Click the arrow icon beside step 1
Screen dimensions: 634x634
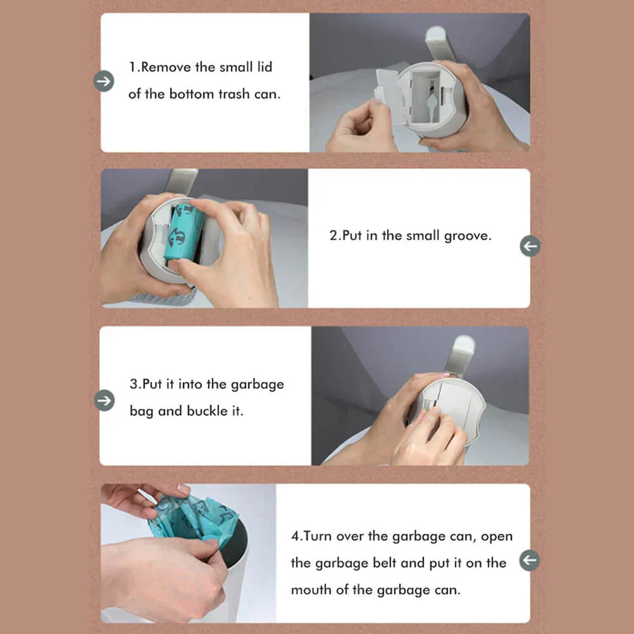click(x=104, y=82)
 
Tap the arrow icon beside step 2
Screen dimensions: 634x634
click(x=530, y=246)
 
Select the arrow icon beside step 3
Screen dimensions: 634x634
click(x=104, y=400)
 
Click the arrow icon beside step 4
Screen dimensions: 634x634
click(x=530, y=561)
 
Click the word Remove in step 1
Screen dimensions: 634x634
click(x=168, y=68)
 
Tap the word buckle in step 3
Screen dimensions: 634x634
click(x=207, y=411)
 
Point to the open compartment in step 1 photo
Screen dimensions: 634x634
click(x=427, y=95)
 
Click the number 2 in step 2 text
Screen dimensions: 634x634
click(x=333, y=237)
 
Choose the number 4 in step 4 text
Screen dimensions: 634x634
click(x=295, y=537)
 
